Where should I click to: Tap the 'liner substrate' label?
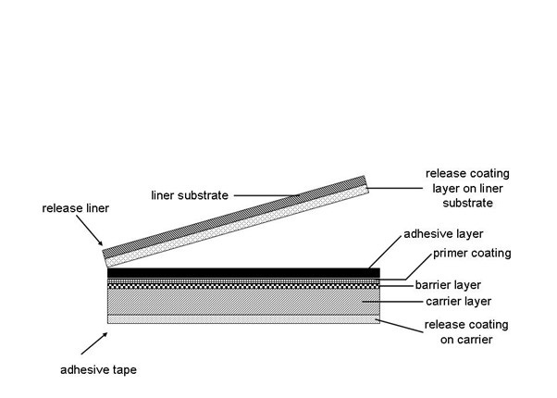click(x=189, y=195)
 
